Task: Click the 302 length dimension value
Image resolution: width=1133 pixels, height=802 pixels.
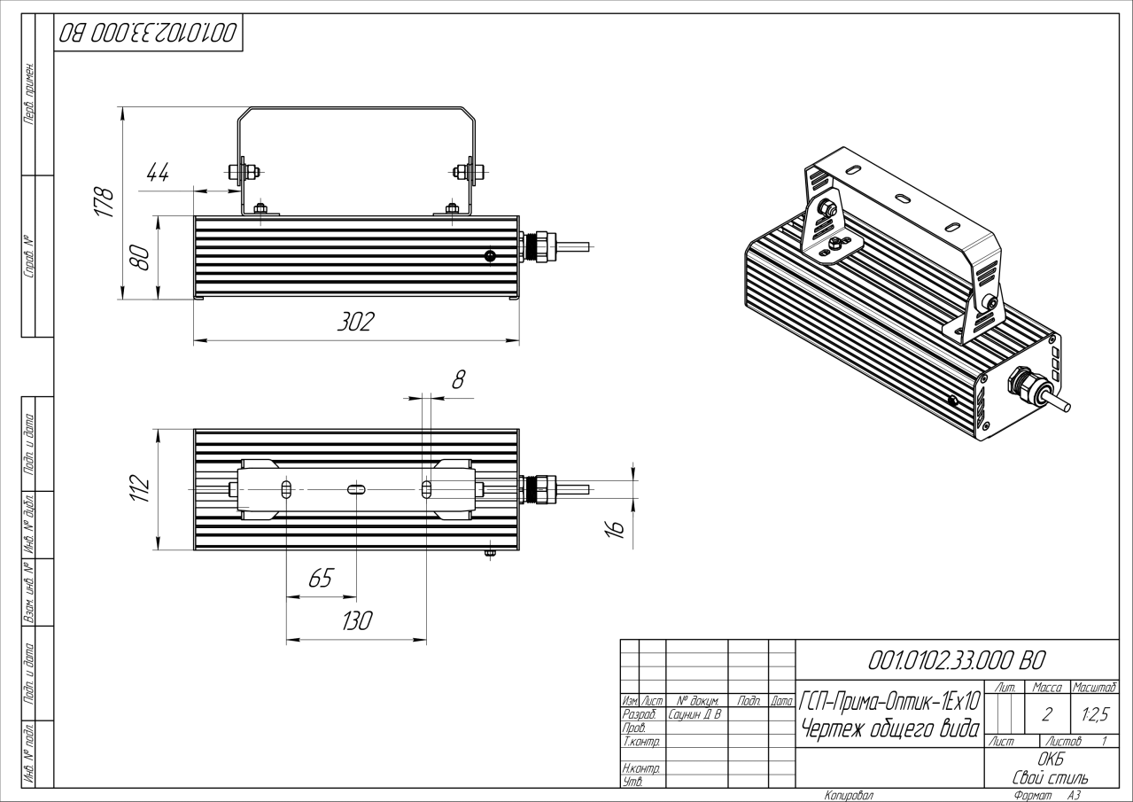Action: tap(355, 323)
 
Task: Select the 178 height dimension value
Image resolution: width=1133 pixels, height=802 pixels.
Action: tap(105, 203)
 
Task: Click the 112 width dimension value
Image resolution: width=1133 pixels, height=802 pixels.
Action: tap(140, 488)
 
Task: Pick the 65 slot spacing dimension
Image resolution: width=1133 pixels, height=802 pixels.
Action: tap(320, 580)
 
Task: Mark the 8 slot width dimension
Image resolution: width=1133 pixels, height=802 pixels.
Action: tap(458, 379)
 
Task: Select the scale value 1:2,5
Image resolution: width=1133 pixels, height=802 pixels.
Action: tap(1094, 711)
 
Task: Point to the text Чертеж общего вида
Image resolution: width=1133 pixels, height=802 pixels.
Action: tap(889, 728)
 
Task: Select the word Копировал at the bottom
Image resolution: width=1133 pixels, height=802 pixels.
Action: tap(849, 796)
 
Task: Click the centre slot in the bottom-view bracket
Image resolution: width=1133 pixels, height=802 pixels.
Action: tap(354, 489)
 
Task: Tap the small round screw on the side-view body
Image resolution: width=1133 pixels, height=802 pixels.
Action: tap(490, 256)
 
